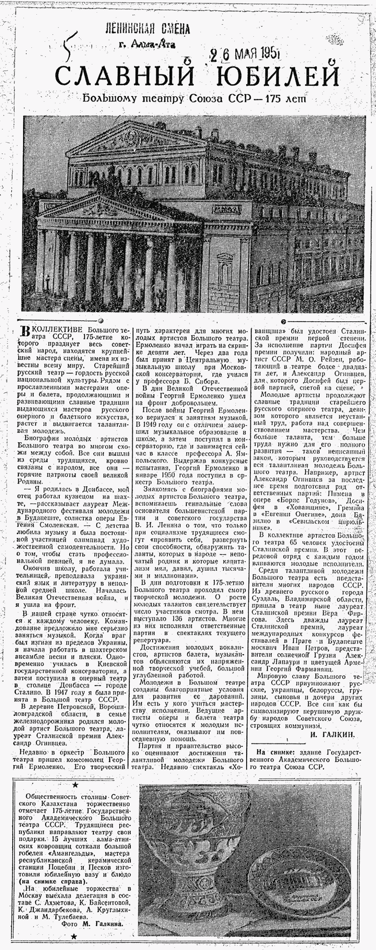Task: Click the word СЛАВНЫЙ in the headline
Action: [124, 76]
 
